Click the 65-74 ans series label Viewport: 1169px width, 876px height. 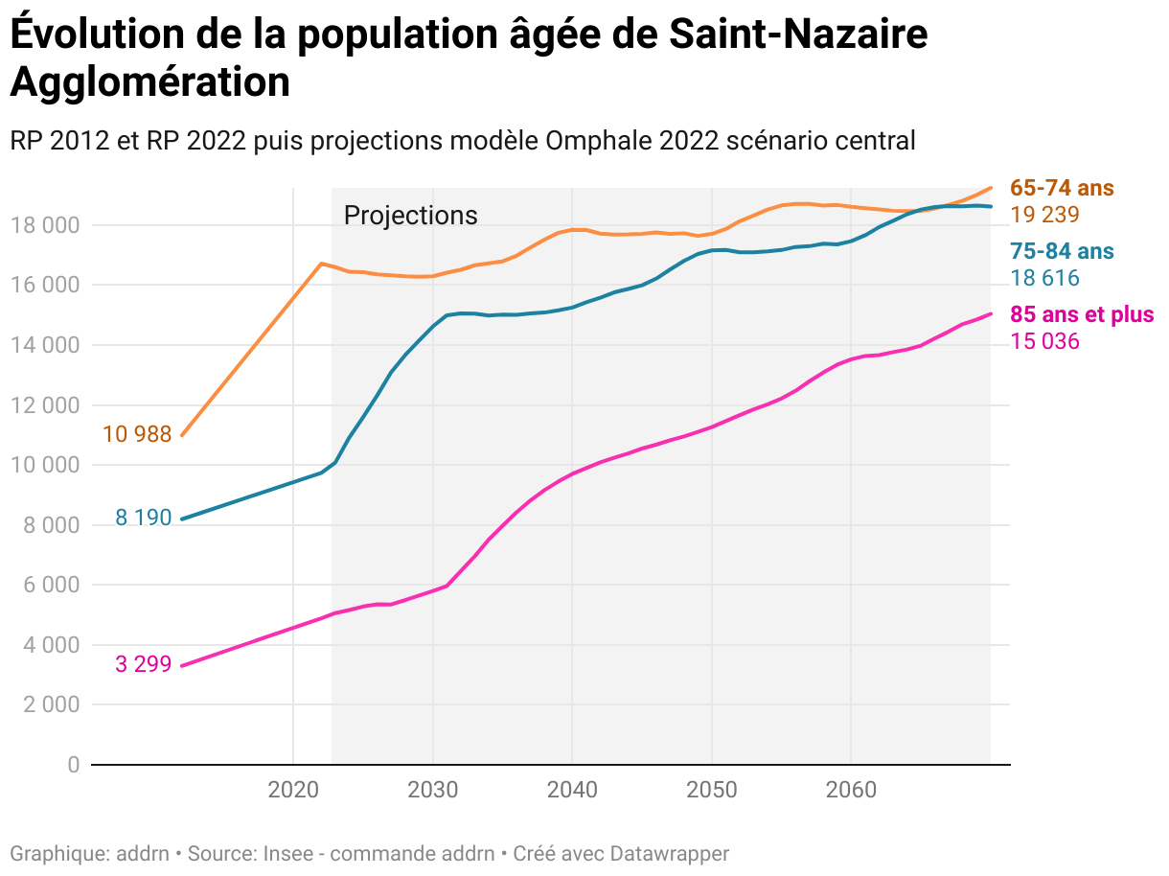pos(1062,188)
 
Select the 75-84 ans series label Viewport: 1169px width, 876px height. pos(1062,252)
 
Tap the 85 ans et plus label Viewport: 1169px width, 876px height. pos(1082,314)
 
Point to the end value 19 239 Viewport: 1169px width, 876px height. pos(1044,215)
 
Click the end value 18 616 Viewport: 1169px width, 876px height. pos(1044,279)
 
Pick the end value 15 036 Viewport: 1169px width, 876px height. pos(1044,341)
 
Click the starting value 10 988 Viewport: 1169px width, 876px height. pos(137,435)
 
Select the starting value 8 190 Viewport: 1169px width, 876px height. pos(144,519)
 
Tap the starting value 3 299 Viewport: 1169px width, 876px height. pos(144,663)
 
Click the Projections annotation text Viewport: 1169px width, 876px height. pos(410,216)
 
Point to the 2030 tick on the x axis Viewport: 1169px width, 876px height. pos(432,790)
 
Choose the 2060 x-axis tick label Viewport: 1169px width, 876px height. pos(851,790)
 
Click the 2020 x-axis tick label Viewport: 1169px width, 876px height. pos(292,790)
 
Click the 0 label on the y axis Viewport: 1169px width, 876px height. pos(73,765)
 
